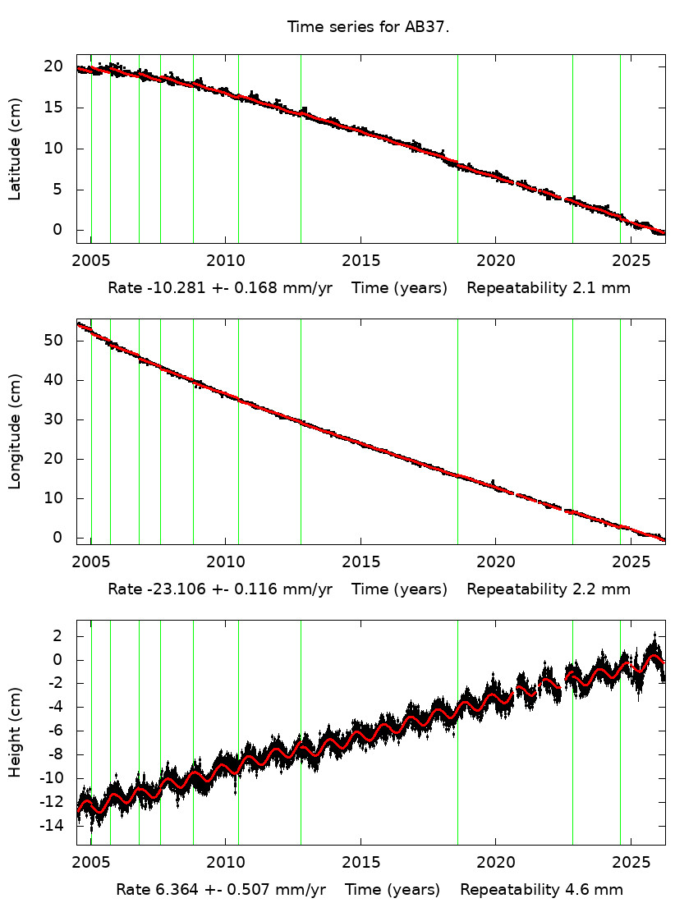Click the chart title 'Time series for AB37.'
pos(368,27)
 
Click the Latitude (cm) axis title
pos(15,149)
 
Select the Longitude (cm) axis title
pos(15,432)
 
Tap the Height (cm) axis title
pos(15,732)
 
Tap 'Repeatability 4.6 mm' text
pos(541,890)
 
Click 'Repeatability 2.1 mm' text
pos(549,288)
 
